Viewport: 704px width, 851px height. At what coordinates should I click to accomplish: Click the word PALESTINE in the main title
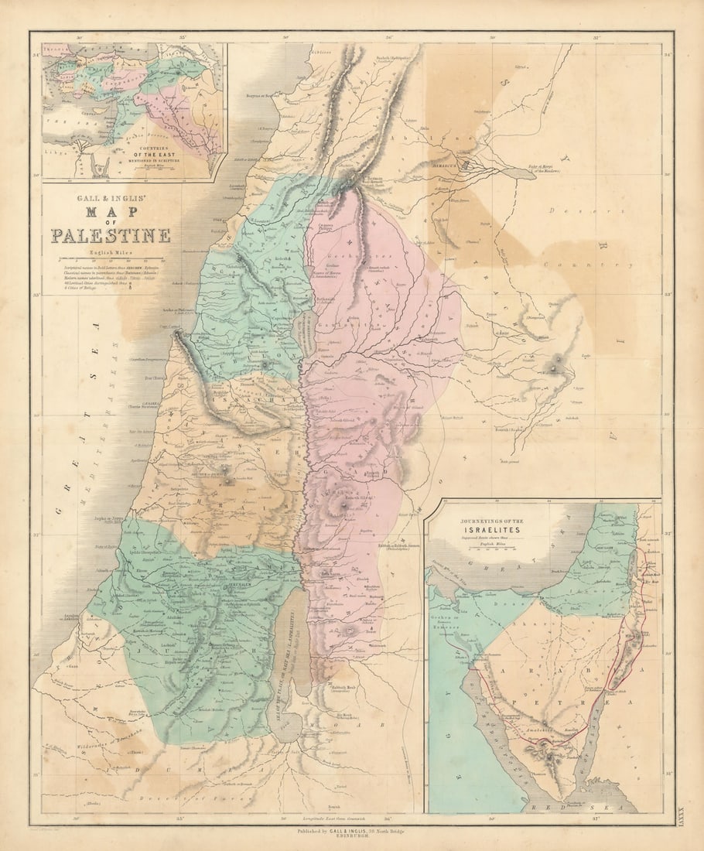point(111,235)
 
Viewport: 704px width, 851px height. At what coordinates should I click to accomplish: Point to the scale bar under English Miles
point(108,259)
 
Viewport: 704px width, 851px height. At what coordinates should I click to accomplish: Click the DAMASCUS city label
point(467,163)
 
